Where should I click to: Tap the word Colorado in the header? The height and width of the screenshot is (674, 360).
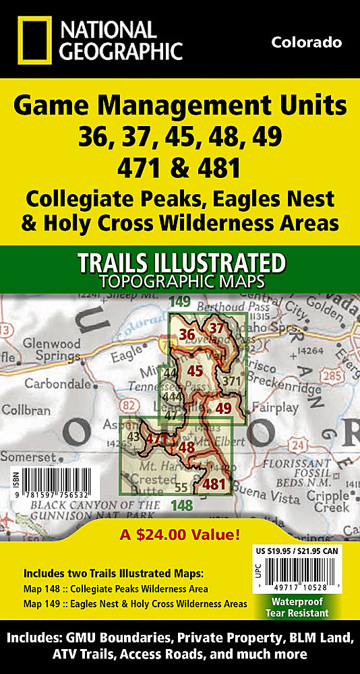(x=306, y=42)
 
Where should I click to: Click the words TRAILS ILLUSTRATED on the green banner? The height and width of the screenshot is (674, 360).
(x=180, y=262)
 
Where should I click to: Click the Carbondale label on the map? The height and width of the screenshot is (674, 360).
(x=56, y=384)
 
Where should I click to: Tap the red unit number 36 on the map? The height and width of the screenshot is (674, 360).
(x=187, y=334)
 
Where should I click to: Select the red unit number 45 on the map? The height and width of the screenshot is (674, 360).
(x=195, y=370)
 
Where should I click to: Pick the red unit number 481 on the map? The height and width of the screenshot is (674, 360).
(x=214, y=483)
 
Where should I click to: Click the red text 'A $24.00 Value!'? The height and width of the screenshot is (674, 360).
(x=180, y=537)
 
